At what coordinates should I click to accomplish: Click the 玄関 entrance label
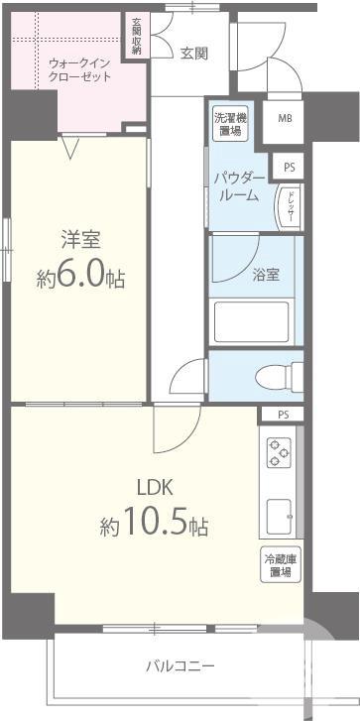coord(193,54)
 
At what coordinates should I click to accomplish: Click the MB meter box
coord(285,119)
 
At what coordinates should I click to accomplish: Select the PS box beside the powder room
coord(290,168)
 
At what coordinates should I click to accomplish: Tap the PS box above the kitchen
coord(284,415)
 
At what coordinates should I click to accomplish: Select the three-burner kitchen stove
coord(277,454)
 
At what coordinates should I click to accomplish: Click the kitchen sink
coord(279,516)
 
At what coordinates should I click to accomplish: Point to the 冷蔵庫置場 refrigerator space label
coord(278,565)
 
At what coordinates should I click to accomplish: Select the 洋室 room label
coord(81,241)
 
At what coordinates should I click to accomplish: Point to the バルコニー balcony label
coord(180,665)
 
